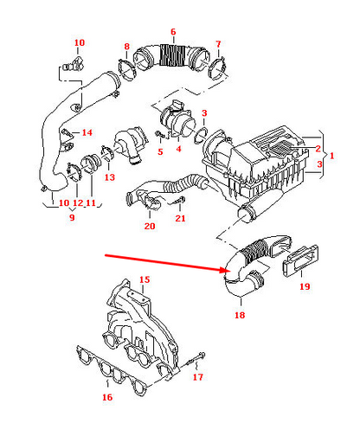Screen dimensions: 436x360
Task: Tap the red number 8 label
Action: point(126,46)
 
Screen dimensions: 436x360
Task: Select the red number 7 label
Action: point(218,43)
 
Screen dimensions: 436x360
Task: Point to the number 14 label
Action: point(87,132)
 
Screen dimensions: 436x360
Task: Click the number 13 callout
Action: point(109,177)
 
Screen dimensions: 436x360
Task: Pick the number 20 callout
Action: point(149,227)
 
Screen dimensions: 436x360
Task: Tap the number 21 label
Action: point(180,219)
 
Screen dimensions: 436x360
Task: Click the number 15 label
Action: point(145,279)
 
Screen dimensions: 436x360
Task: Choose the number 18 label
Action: point(239,317)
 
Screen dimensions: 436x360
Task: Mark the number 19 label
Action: point(304,286)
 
